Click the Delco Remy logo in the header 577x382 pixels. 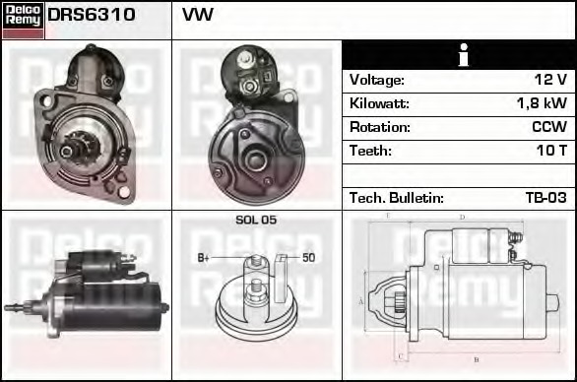point(24,20)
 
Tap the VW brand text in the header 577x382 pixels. point(197,16)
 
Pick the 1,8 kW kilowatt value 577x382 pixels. point(541,103)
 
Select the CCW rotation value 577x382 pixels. point(548,127)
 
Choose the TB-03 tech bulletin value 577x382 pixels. point(545,198)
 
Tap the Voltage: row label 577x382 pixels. point(376,80)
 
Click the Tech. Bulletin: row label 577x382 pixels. point(396,198)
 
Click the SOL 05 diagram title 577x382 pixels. point(256,220)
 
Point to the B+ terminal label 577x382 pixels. point(204,258)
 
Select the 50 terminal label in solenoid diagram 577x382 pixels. point(308,258)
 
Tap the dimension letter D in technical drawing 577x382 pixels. point(462,217)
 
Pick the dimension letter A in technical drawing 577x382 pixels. point(360,300)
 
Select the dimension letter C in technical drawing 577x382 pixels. point(399,356)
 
